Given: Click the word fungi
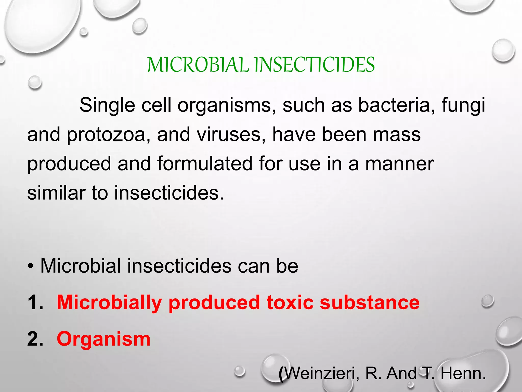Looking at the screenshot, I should tap(463, 105).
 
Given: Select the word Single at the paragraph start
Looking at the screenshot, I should tap(107, 105).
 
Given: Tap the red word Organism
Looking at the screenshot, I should tap(103, 339).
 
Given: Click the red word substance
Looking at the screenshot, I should tap(369, 302).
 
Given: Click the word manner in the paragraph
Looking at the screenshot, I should tap(399, 164).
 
